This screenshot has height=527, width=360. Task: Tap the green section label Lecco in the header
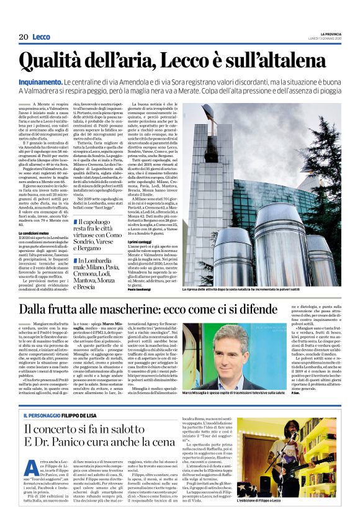click(x=42, y=37)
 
